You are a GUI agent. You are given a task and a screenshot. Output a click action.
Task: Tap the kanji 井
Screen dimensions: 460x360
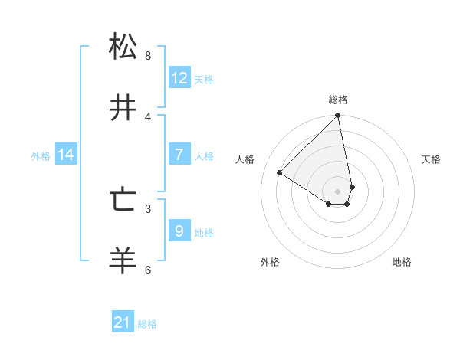[x=123, y=108]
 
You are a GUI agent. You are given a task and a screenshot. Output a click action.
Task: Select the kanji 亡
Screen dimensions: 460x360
[x=123, y=201]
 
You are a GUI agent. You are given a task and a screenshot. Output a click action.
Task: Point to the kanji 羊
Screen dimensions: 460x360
[x=123, y=261]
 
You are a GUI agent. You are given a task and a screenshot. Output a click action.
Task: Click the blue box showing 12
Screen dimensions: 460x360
[x=179, y=78]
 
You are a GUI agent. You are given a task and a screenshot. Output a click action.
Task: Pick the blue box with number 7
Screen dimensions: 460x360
[x=179, y=155]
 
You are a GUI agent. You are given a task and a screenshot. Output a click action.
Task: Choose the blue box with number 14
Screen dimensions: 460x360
[x=66, y=155]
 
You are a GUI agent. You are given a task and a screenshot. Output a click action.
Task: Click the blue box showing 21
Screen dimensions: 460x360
[x=123, y=322]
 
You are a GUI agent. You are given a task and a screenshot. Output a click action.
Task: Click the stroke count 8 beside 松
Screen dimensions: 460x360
[x=148, y=55]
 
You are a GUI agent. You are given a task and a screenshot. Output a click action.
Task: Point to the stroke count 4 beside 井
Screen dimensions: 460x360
[x=148, y=116]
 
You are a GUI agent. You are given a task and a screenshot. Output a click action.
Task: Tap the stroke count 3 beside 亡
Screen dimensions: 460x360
[x=148, y=208]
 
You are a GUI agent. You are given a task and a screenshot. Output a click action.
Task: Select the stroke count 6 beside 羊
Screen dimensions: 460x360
[x=148, y=270]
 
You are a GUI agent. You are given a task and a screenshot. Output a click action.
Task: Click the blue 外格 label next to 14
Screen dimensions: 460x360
[x=41, y=156]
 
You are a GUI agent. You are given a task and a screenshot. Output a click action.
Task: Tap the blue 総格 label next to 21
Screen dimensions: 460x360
[x=147, y=324]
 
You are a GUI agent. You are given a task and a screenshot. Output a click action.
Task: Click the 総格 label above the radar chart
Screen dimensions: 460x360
[x=338, y=100]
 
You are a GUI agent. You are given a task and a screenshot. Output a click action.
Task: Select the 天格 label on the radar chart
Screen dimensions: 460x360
[x=431, y=159]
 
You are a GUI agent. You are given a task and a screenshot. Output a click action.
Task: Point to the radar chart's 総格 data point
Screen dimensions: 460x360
[x=338, y=116]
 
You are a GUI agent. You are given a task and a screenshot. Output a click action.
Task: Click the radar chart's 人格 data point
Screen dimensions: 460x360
[x=280, y=172]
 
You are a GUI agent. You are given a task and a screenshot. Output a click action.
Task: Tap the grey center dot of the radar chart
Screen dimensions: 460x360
[x=338, y=191]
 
